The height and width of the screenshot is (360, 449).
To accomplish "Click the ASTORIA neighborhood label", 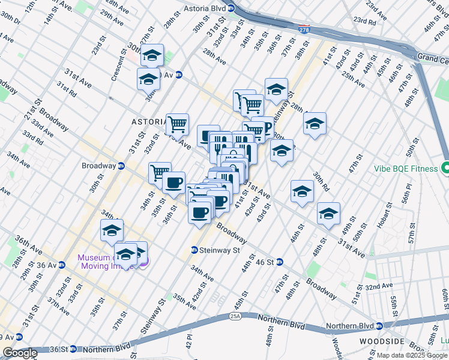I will click(x=148, y=121).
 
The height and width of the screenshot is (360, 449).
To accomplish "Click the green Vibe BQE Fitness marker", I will click(x=445, y=169).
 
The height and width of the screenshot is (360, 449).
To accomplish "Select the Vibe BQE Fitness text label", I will click(x=405, y=169).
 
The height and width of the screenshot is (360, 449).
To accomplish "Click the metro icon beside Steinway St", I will click(x=194, y=250).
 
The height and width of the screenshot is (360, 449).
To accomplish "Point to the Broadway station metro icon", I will click(x=121, y=166).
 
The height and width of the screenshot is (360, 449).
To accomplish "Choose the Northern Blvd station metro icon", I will click(x=379, y=327).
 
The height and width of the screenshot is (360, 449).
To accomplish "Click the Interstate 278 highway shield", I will click(x=304, y=28).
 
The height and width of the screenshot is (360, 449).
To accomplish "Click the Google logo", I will click(x=19, y=353).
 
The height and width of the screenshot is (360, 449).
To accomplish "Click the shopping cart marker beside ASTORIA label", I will click(x=177, y=124).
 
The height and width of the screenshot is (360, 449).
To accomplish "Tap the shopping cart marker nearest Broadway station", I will click(x=159, y=173).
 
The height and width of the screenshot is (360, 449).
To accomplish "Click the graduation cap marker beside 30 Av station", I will click(x=148, y=79).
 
